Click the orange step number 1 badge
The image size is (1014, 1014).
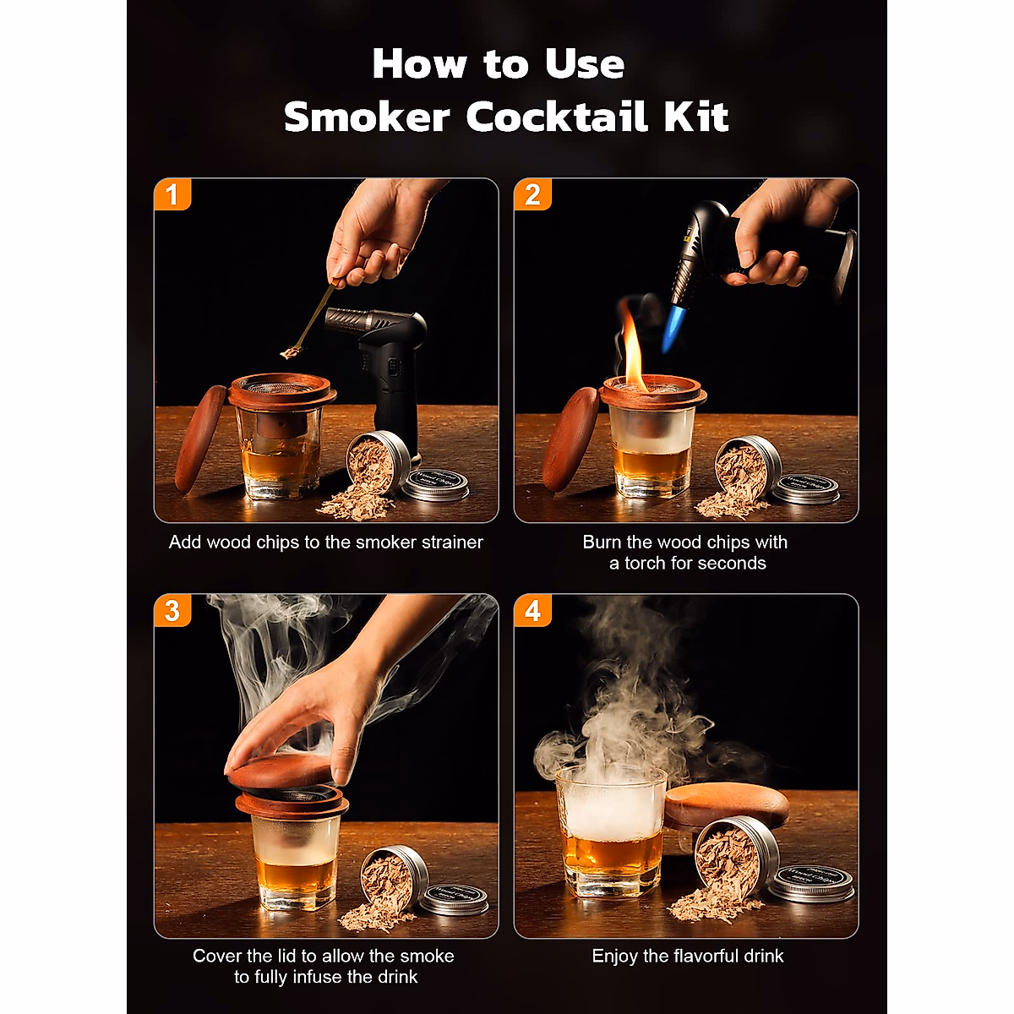(x=172, y=194)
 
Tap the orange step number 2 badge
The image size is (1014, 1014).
(x=532, y=194)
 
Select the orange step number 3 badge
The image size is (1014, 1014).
(x=172, y=611)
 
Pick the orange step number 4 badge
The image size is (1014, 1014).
(x=532, y=611)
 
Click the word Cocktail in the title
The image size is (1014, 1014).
(x=557, y=116)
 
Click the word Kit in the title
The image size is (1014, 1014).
(x=695, y=116)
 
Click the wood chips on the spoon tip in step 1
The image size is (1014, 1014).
(x=290, y=352)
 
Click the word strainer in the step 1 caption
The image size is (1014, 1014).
(x=451, y=542)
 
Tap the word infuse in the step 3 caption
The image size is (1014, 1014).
(x=318, y=977)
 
